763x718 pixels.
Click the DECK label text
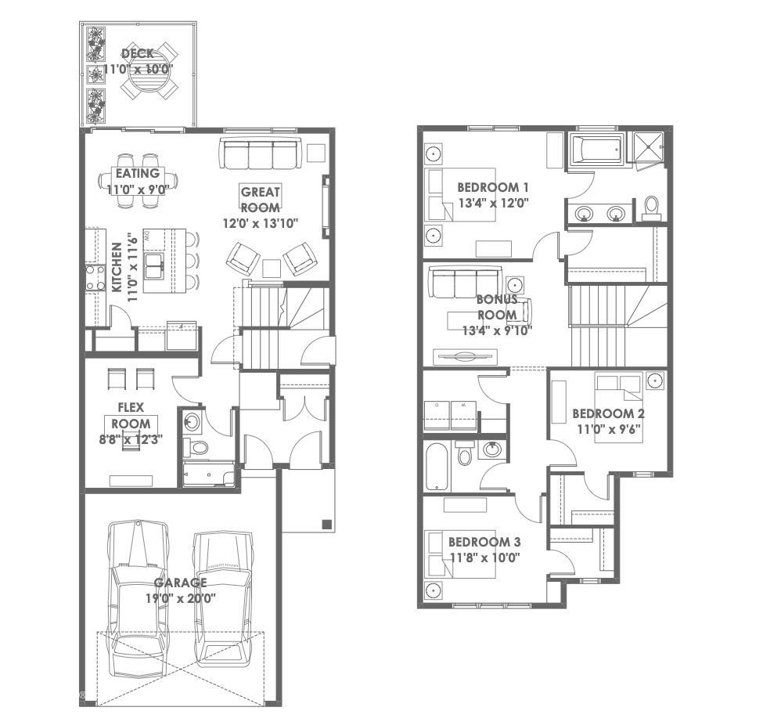click(x=138, y=54)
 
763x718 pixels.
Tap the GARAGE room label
click(x=180, y=583)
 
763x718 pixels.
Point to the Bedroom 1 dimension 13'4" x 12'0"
click(x=493, y=203)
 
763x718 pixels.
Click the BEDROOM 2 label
click(x=608, y=413)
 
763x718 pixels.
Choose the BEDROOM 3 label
click(x=484, y=542)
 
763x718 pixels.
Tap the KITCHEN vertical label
click(x=116, y=268)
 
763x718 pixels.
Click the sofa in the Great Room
click(x=259, y=154)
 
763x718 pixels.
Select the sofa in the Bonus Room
click(x=464, y=283)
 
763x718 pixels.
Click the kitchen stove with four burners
click(x=95, y=277)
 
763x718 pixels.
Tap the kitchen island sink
click(x=155, y=264)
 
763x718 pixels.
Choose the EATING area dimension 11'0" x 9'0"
click(x=138, y=188)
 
